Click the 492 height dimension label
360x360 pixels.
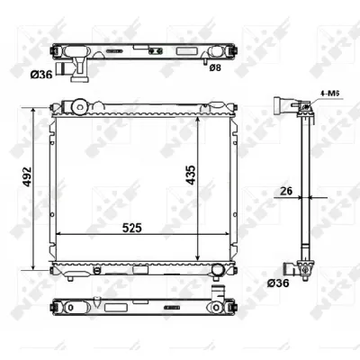pos(27,176)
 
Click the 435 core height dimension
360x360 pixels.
pos(191,175)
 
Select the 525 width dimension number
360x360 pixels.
pos(132,228)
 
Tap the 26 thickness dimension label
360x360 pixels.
pos(285,191)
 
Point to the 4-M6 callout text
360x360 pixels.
pos(329,94)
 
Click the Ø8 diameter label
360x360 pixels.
pos(215,67)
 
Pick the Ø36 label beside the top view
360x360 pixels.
pos(41,74)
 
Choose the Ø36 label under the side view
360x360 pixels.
pos(278,283)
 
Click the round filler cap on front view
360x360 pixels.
pos(80,106)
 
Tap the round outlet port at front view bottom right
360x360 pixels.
pos(217,270)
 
